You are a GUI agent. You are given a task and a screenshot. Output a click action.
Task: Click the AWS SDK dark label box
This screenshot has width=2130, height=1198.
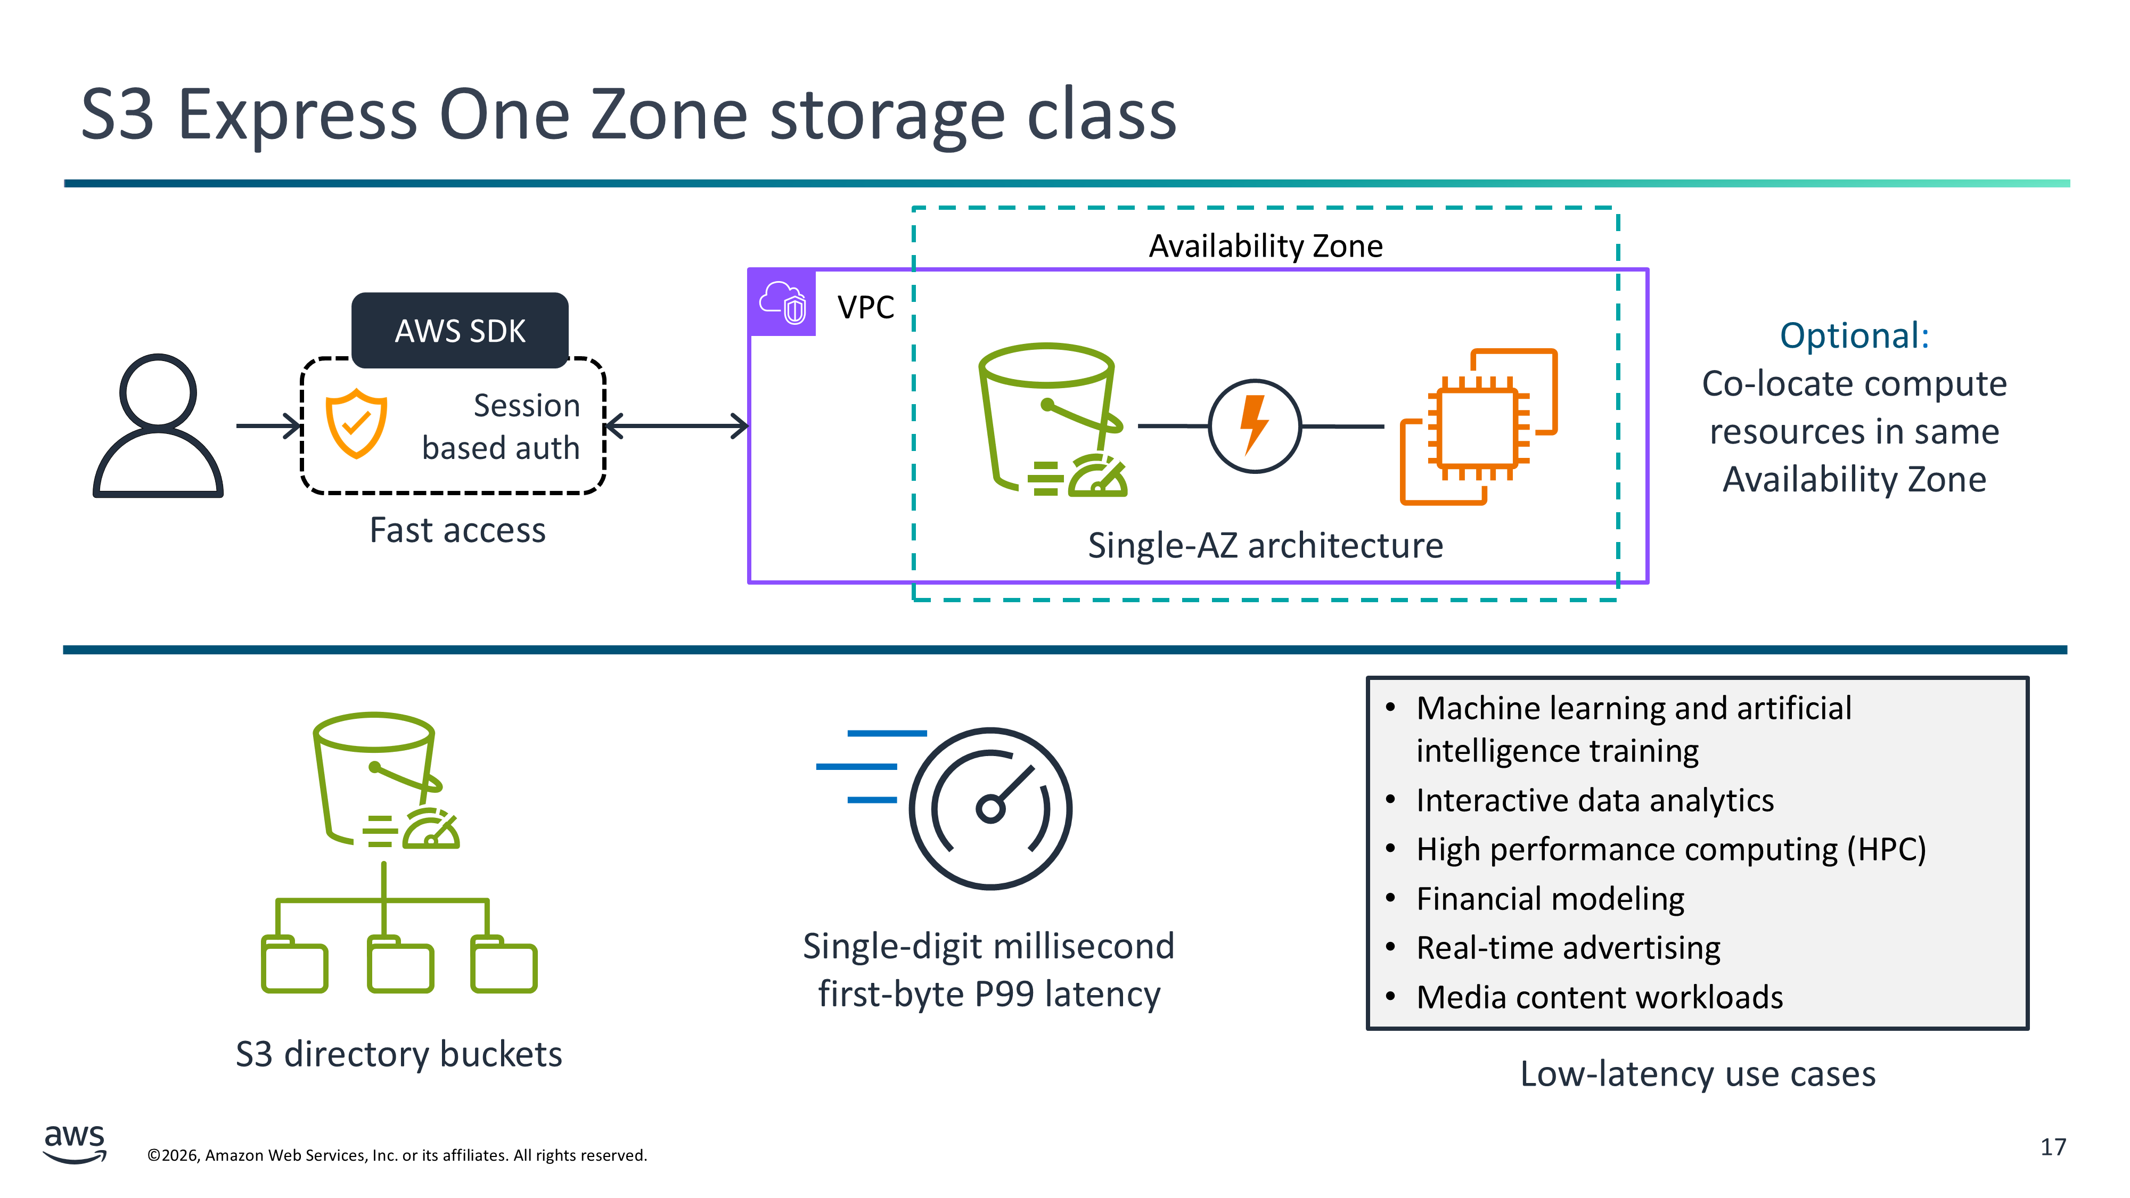coord(460,331)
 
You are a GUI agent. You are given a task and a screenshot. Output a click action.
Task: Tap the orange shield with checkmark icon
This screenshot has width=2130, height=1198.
coord(356,423)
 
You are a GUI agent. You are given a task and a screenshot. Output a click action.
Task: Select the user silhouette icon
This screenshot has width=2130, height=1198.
coord(158,426)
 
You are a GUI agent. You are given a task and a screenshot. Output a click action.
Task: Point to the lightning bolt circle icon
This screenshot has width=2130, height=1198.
coord(1255,426)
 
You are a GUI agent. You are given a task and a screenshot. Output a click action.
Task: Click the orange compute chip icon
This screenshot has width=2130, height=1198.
coord(1478,426)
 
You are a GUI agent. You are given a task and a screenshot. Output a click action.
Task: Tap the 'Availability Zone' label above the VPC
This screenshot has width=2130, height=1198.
coord(1265,245)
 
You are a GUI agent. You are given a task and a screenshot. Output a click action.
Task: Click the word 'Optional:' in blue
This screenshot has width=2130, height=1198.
coord(1854,335)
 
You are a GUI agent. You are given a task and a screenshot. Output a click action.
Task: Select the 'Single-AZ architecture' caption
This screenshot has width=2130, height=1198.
coord(1265,546)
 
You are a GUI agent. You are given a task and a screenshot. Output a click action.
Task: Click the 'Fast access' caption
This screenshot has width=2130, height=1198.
coord(457,530)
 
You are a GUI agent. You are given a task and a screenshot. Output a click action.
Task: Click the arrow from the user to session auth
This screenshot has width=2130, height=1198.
coord(269,426)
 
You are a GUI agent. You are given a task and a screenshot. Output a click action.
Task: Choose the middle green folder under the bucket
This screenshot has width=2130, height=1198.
coord(400,964)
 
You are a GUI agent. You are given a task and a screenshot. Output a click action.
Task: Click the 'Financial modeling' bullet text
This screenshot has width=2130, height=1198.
coord(1550,899)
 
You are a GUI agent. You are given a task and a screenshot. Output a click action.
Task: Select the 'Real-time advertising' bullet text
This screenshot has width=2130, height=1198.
coord(1568,948)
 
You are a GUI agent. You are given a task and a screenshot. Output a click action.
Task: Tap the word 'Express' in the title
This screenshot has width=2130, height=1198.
coord(296,115)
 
